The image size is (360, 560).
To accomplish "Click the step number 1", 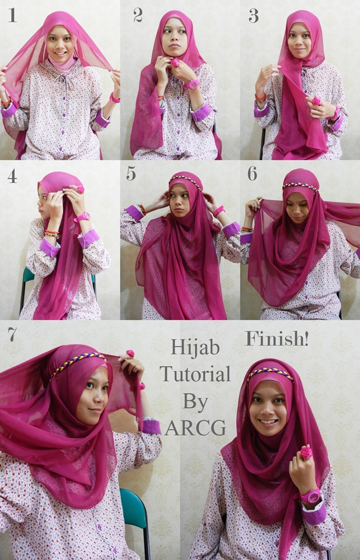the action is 12,15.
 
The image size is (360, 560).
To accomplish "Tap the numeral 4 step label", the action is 12,176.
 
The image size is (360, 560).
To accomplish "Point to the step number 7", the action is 12,334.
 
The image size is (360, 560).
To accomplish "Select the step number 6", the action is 252,173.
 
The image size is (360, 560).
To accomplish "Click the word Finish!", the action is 277,339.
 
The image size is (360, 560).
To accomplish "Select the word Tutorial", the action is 195,374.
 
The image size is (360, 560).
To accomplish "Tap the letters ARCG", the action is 195,427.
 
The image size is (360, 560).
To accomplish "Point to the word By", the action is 195,402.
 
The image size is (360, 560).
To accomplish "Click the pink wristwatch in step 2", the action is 191,84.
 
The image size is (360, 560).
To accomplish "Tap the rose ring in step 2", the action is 175,63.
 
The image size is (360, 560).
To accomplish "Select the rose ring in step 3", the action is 316,101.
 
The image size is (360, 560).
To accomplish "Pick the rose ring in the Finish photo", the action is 306,452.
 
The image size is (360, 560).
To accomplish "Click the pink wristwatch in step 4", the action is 82,217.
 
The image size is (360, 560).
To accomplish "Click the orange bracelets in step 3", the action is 260,97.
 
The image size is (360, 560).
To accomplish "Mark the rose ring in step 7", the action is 130,353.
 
